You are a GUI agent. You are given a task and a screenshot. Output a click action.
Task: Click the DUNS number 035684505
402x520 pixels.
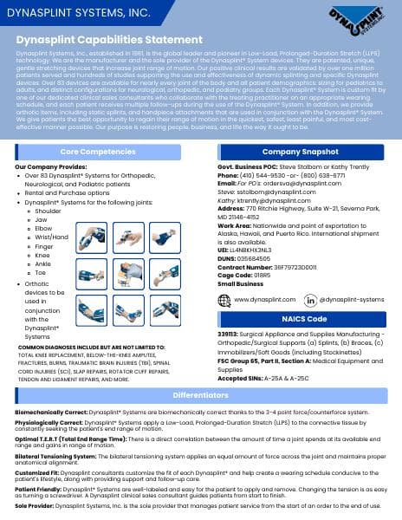point(269,234)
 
